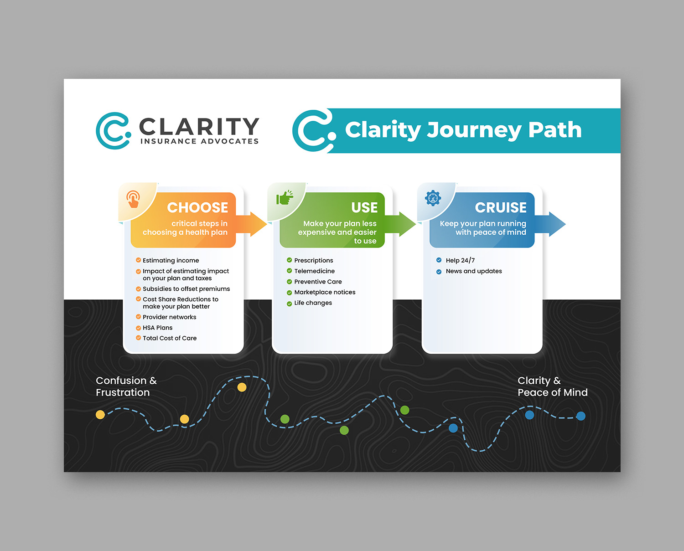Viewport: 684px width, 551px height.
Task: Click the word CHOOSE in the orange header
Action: (197, 208)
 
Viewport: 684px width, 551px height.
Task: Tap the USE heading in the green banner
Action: (364, 208)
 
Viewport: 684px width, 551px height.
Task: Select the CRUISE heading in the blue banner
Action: (501, 208)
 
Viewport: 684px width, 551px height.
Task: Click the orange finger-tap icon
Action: (133, 199)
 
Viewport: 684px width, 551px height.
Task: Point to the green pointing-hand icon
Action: (285, 198)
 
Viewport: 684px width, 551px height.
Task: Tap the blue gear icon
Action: (433, 198)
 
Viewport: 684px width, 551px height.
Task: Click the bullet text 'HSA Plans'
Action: (157, 328)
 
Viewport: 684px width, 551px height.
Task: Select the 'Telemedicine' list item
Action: (314, 271)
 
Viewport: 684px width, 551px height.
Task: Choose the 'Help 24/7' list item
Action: (460, 261)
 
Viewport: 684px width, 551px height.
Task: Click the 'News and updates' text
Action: (474, 271)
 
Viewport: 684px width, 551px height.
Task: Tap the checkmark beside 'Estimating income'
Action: (138, 260)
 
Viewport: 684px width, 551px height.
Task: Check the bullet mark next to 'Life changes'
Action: (289, 304)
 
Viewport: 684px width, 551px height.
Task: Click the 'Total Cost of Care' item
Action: (170, 338)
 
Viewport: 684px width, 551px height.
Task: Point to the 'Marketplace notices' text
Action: (325, 292)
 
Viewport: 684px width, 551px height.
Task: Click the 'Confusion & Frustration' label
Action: (126, 386)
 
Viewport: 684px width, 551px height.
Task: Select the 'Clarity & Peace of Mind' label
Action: (552, 386)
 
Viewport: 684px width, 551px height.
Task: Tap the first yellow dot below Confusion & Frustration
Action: (100, 414)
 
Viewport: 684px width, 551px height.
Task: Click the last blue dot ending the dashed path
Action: (580, 416)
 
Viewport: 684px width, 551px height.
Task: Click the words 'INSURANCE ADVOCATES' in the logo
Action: (199, 141)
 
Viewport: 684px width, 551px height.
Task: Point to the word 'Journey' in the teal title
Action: (474, 130)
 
